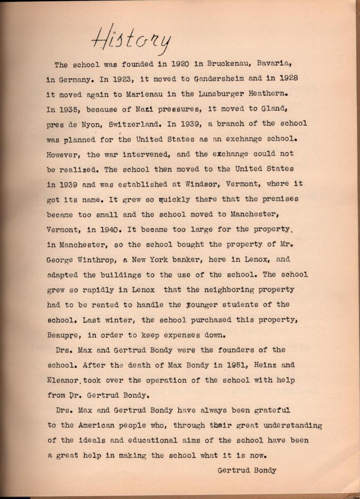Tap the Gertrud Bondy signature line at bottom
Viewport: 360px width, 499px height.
247,470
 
